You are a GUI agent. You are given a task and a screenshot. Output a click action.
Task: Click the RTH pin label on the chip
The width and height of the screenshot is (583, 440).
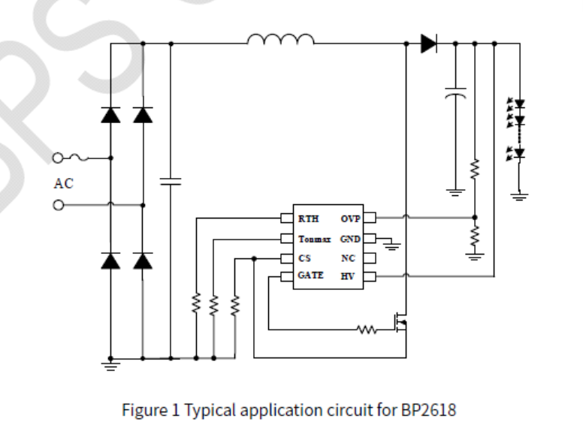[307, 219]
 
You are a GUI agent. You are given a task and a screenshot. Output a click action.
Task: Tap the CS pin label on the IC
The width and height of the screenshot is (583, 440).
[304, 258]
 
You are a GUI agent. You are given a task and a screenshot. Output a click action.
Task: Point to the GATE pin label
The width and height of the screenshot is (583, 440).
[310, 276]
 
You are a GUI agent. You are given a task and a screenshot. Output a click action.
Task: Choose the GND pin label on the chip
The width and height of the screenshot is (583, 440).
[351, 239]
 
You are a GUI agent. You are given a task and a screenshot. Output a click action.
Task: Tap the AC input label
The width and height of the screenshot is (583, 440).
[63, 183]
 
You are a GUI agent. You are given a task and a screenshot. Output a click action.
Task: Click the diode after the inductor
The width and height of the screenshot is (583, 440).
[429, 44]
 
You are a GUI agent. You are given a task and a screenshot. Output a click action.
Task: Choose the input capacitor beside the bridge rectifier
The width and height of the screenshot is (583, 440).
[171, 181]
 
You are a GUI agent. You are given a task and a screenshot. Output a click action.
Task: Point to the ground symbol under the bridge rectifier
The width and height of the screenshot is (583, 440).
[111, 366]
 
